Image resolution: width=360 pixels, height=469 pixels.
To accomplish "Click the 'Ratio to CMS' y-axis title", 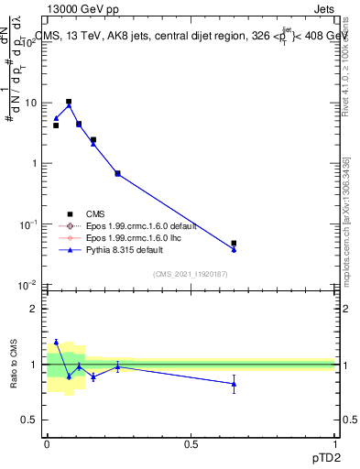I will point(15,364).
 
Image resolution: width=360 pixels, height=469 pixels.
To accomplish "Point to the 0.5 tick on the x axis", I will point(191,444).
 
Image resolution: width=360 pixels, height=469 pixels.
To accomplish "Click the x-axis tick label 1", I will point(334,444).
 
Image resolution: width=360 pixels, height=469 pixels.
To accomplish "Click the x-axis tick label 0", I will point(47,444).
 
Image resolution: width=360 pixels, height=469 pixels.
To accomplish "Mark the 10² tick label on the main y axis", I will point(29,42).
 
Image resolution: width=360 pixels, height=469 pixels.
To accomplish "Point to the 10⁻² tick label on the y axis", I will point(29,285).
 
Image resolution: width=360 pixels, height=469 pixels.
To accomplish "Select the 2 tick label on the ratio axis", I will point(33,309).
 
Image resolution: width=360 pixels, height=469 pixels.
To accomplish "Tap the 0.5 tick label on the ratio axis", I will point(29,420).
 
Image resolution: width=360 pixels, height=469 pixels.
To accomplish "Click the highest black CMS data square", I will point(69,102).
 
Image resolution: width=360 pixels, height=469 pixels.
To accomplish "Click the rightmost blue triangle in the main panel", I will point(234,249).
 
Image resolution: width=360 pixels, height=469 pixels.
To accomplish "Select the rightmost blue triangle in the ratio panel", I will point(234,384).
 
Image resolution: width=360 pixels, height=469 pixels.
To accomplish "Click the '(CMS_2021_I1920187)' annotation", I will point(191,273).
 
